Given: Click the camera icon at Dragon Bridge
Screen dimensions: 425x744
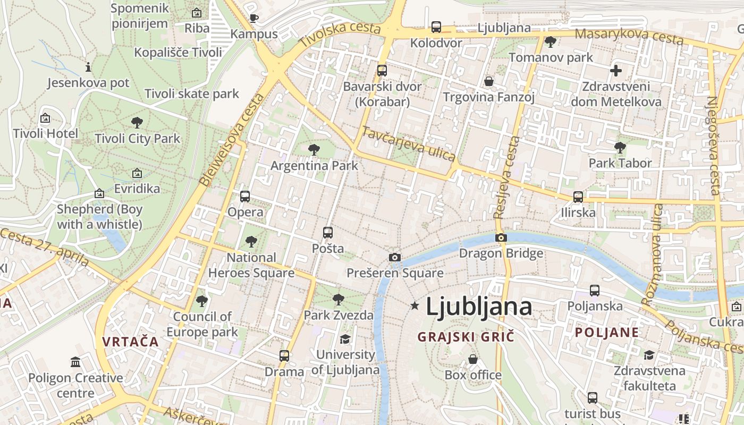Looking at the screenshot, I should click(501, 237).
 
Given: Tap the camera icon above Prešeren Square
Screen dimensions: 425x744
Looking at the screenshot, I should click(394, 257).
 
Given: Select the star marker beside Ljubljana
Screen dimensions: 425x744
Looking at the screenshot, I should click(415, 305).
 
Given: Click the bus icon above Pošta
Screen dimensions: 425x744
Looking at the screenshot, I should click(327, 232).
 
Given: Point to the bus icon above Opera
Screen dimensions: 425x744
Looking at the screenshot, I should click(244, 196).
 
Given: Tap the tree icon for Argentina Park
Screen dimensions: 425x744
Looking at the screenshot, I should click(314, 149).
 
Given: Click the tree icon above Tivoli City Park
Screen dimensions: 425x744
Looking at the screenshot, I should click(137, 123).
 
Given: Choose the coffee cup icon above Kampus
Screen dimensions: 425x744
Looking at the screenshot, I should click(254, 18).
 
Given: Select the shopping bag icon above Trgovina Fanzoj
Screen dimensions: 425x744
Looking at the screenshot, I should click(488, 81).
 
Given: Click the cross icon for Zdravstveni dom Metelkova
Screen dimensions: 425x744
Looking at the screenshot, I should click(616, 70).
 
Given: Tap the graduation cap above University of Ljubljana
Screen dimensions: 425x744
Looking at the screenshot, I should click(345, 338).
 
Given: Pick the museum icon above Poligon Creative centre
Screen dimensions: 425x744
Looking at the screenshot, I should click(75, 362).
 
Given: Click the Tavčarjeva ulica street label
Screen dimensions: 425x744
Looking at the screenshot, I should click(408, 143).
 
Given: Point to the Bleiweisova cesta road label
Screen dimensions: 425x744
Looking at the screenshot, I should click(232, 140).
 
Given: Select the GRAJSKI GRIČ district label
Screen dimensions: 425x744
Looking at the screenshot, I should click(466, 336).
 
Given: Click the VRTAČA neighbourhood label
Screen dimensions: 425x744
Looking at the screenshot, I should click(131, 342).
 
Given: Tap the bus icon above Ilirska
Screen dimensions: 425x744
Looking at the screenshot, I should click(578, 197).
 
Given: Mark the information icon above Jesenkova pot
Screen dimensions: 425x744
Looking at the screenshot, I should click(88, 67).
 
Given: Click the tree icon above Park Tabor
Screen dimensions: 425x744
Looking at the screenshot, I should click(620, 147).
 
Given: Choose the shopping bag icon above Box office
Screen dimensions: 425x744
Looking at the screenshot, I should click(472, 359).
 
